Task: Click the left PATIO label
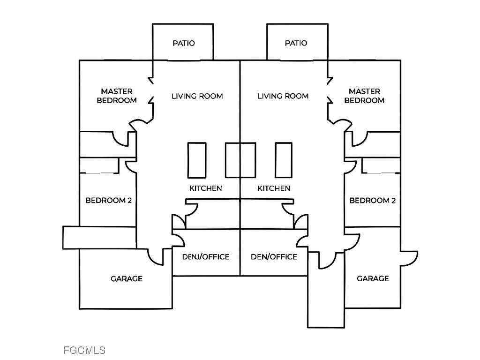[x=183, y=43]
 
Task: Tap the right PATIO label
[x=296, y=43]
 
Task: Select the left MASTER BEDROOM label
[x=117, y=96]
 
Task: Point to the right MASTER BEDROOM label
[x=364, y=96]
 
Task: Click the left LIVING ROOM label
[x=197, y=96]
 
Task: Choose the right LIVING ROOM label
[x=283, y=96]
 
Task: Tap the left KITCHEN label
[x=205, y=188]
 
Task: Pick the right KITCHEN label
[x=274, y=188]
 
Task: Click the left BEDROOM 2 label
[x=108, y=201]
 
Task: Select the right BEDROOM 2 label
[x=373, y=201]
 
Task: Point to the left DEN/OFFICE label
[x=205, y=257]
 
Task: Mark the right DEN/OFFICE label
[x=274, y=257]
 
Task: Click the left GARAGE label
[x=127, y=279]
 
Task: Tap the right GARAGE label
[x=373, y=279]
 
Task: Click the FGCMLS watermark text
[x=84, y=350]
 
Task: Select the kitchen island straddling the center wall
[x=240, y=160]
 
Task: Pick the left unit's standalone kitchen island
[x=196, y=160]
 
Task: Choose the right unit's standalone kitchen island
[x=284, y=160]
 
